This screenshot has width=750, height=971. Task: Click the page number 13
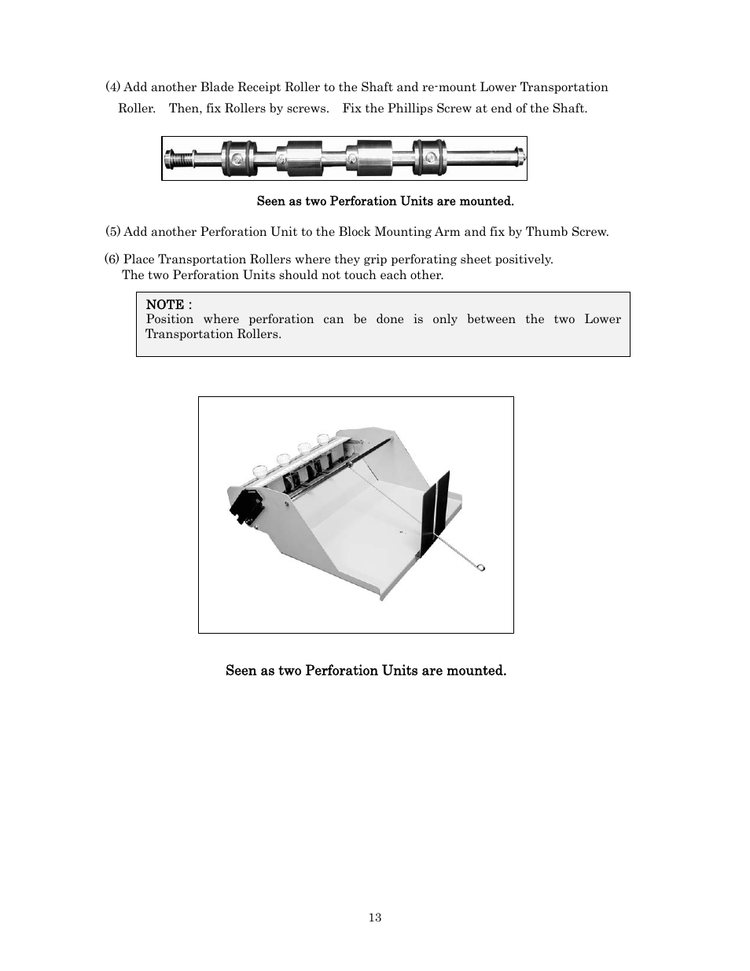pyautogui.click(x=375, y=918)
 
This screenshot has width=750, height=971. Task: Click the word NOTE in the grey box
pyautogui.click(x=165, y=304)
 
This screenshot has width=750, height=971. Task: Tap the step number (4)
pyautogui.click(x=113, y=87)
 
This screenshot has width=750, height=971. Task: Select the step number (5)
pyautogui.click(x=113, y=232)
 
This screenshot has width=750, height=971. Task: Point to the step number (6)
pyautogui.click(x=112, y=259)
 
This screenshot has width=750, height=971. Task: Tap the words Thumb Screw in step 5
pyautogui.click(x=565, y=232)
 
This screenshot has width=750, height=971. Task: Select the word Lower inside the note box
pyautogui.click(x=602, y=319)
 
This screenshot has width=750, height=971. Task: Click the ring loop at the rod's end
pyautogui.click(x=481, y=566)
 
